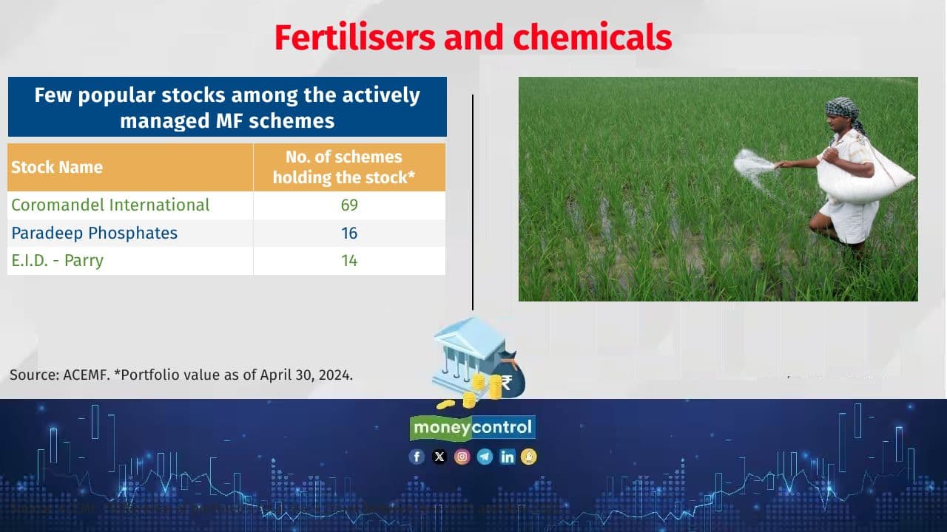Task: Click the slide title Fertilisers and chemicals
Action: pyautogui.click(x=473, y=37)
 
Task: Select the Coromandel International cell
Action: pyautogui.click(x=110, y=205)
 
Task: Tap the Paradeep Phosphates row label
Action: pyautogui.click(x=94, y=233)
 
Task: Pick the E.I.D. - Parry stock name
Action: pyautogui.click(x=57, y=260)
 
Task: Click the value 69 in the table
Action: pyautogui.click(x=349, y=205)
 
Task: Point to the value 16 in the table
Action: pyautogui.click(x=349, y=233)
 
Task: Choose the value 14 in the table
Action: pyautogui.click(x=349, y=260)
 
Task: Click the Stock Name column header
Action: pyautogui.click(x=57, y=167)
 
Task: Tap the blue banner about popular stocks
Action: pyautogui.click(x=227, y=107)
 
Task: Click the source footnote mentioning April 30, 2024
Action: pyautogui.click(x=181, y=375)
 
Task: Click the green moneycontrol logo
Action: pyautogui.click(x=473, y=427)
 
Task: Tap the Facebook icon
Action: pyautogui.click(x=417, y=457)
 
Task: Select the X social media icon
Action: pyautogui.click(x=439, y=457)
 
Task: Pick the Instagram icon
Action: pyautogui.click(x=462, y=457)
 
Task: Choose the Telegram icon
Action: pyautogui.click(x=485, y=457)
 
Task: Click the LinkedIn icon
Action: pyautogui.click(x=507, y=457)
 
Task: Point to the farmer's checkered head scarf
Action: pyautogui.click(x=842, y=109)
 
